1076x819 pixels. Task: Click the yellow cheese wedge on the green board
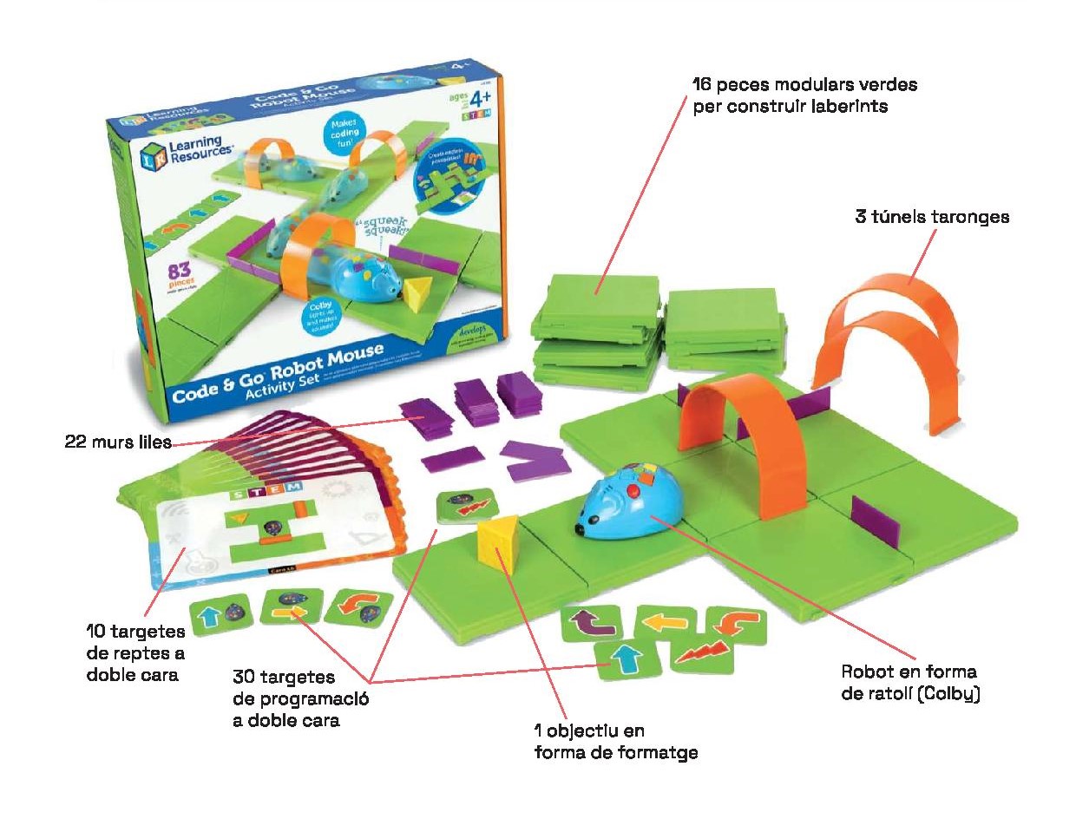point(498,543)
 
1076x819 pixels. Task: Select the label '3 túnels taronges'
point(932,217)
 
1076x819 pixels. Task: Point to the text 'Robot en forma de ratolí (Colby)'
point(909,683)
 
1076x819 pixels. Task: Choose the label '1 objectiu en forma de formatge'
point(615,742)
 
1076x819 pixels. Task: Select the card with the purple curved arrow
point(590,623)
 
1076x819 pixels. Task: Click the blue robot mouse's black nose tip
point(577,527)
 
